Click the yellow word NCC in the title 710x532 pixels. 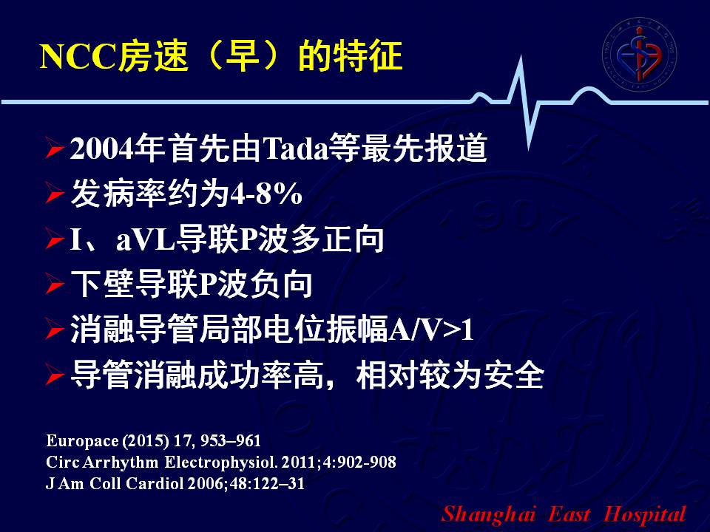78,57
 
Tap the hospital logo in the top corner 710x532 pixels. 639,54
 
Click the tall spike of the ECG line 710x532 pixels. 526,102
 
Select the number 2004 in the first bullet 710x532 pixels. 102,149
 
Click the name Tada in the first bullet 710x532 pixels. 295,149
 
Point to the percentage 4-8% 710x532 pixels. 266,194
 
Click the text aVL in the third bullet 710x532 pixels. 146,239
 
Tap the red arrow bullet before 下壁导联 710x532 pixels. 54,285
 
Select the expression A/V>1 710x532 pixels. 431,330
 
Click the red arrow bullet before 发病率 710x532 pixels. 54,194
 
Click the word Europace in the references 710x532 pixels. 82,441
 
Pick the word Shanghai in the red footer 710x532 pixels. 489,515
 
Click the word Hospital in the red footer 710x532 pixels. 645,515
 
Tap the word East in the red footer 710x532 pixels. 569,514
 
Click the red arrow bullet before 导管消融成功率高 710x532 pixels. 54,376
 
